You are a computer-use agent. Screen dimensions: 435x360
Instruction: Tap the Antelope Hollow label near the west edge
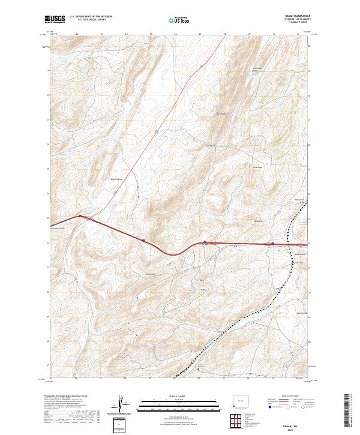tap(60, 229)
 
